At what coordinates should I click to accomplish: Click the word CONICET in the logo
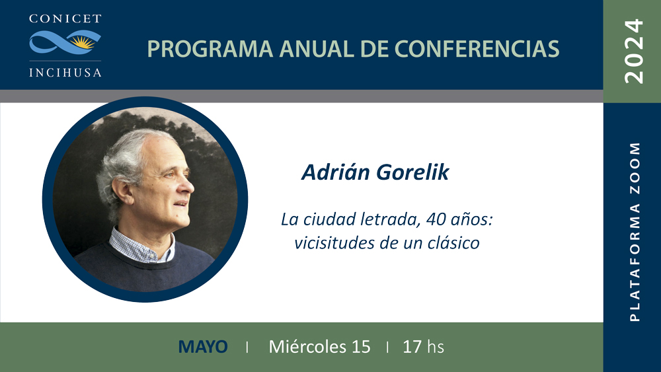point(65,19)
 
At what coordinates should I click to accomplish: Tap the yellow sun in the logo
point(81,42)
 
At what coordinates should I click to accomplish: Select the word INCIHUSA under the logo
point(65,73)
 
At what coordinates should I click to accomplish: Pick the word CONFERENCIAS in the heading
point(477,49)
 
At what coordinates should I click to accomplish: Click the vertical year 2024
point(634,52)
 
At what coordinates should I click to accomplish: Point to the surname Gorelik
point(412,172)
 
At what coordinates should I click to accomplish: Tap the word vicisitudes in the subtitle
point(333,242)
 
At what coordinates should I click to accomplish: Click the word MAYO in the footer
point(203,347)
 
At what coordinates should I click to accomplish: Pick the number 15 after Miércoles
point(361,347)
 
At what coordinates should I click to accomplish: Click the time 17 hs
point(423,347)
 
